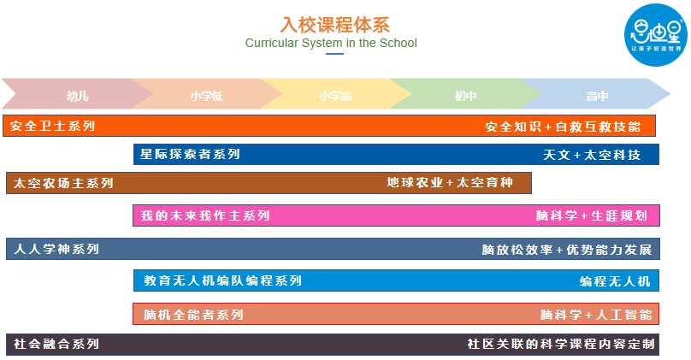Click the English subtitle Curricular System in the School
point(331,43)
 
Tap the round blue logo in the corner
point(655,36)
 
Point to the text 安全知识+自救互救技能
point(562,127)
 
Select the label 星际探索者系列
point(191,155)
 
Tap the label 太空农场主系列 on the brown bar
point(63,183)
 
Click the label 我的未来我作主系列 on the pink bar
point(205,215)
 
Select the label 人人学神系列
point(56,250)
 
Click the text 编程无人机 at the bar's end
point(615,280)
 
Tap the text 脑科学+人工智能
point(595,314)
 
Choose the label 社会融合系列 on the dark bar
point(56,345)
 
